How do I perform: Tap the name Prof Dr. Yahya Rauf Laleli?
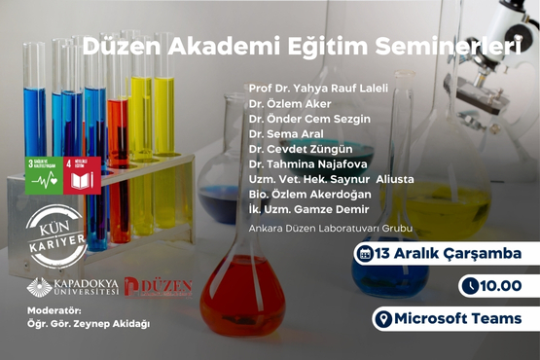(x=318, y=88)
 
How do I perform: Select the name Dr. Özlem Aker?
(x=290, y=103)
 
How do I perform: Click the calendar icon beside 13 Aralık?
(x=367, y=255)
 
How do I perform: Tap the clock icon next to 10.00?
(x=471, y=286)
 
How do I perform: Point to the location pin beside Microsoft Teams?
(x=384, y=318)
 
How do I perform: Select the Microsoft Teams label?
(x=453, y=318)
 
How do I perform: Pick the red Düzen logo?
(x=158, y=288)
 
